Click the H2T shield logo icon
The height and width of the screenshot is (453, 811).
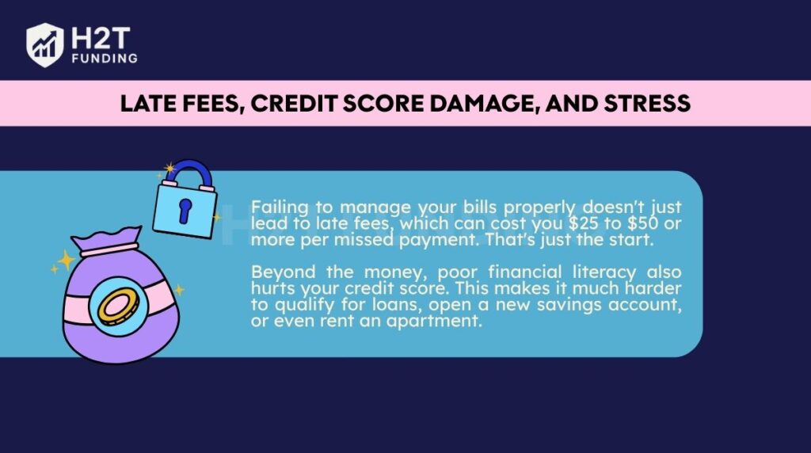click(45, 45)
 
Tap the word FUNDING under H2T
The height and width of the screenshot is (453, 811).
click(103, 58)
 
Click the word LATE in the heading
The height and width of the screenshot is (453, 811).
click(145, 103)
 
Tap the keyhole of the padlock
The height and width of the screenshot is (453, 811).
click(185, 209)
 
